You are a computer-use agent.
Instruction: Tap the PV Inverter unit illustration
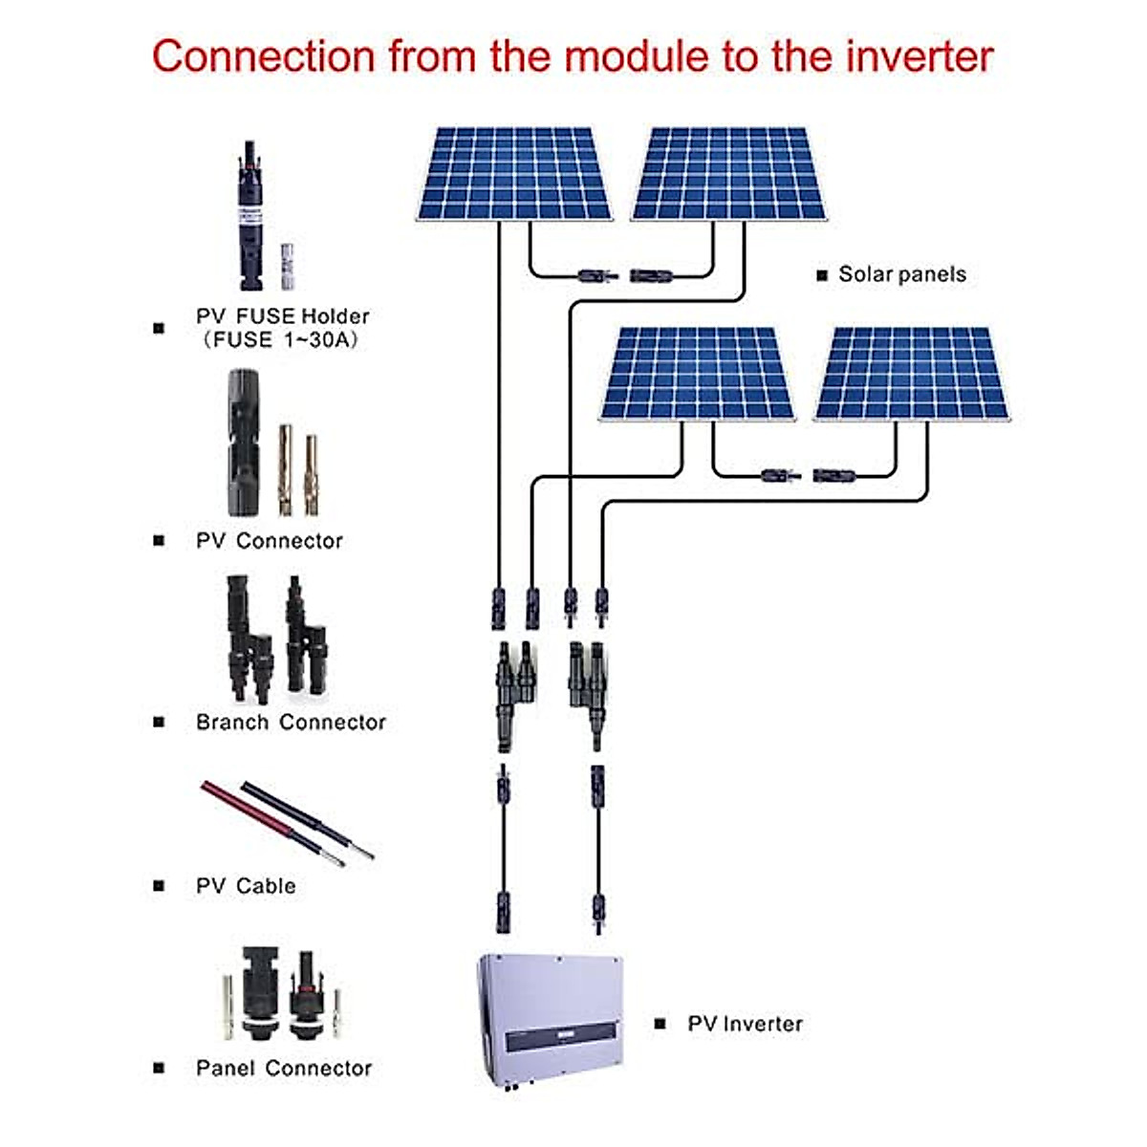click(x=551, y=1018)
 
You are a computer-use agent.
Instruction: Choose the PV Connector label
click(x=269, y=541)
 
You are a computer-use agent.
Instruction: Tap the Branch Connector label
click(x=291, y=723)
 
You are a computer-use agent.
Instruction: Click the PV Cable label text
click(x=246, y=886)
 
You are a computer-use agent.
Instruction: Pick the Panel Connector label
click(x=284, y=1069)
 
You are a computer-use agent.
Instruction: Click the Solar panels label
click(x=901, y=274)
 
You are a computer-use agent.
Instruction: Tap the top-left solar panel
click(x=513, y=174)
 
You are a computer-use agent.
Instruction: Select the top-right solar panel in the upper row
click(x=728, y=174)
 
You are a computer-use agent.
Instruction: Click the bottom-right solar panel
click(x=912, y=374)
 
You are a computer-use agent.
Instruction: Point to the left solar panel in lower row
click(x=698, y=374)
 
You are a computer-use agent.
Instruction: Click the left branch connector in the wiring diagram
click(x=513, y=693)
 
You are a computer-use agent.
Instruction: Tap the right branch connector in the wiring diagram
click(x=586, y=688)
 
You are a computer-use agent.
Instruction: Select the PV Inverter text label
click(x=745, y=1024)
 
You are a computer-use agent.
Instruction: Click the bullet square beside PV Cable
click(x=159, y=886)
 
